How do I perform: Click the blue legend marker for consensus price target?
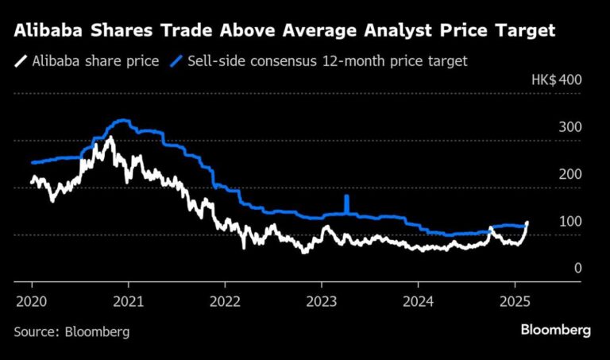click(x=180, y=60)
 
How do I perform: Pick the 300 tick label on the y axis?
click(x=571, y=128)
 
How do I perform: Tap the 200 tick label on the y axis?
click(x=571, y=175)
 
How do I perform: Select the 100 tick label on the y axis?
click(x=571, y=222)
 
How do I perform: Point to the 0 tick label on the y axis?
click(x=578, y=269)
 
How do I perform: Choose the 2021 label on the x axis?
click(x=128, y=302)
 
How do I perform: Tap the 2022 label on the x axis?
click(x=225, y=302)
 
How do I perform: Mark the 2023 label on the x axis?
click(x=321, y=302)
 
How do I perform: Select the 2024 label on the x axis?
click(x=418, y=302)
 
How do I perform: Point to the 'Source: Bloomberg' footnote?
click(x=71, y=331)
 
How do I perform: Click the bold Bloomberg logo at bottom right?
click(x=555, y=330)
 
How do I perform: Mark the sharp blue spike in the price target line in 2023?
click(x=346, y=202)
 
